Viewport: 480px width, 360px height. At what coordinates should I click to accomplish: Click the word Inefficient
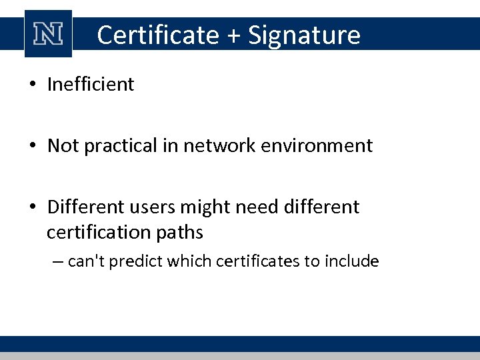[x=91, y=85]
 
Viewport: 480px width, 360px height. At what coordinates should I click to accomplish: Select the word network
[x=210, y=146]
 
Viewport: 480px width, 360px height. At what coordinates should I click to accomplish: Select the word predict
[x=133, y=261]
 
